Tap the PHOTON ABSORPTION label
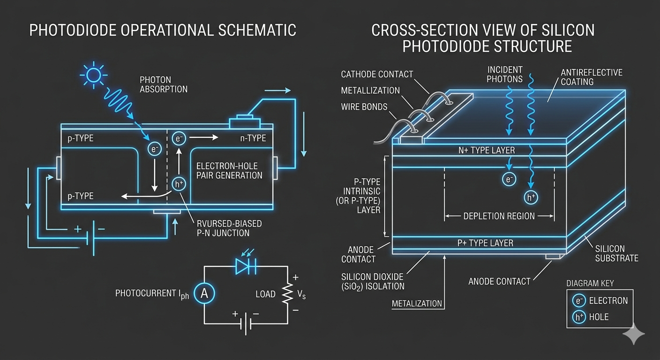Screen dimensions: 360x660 (163, 84)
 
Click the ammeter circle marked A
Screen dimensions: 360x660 (204, 293)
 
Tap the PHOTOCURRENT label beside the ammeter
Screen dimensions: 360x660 (152, 294)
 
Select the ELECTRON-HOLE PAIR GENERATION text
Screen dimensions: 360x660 (229, 171)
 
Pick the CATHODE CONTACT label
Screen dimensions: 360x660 (377, 74)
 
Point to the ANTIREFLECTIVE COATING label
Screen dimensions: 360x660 (592, 77)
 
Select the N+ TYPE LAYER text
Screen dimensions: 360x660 (487, 150)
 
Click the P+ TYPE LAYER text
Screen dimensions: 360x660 (485, 243)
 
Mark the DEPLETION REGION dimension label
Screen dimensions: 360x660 (499, 216)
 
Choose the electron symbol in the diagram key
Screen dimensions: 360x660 (578, 300)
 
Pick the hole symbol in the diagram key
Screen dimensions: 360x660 (578, 317)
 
